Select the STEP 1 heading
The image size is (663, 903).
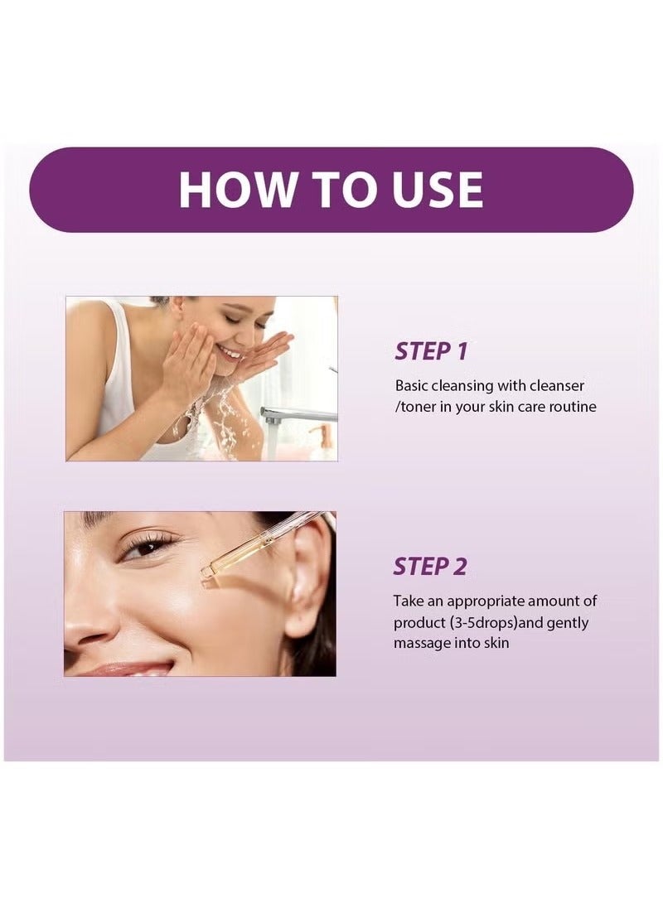tap(431, 351)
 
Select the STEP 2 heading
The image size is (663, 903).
tap(430, 567)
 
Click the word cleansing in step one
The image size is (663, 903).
tap(465, 386)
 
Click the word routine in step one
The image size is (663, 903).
tap(571, 407)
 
